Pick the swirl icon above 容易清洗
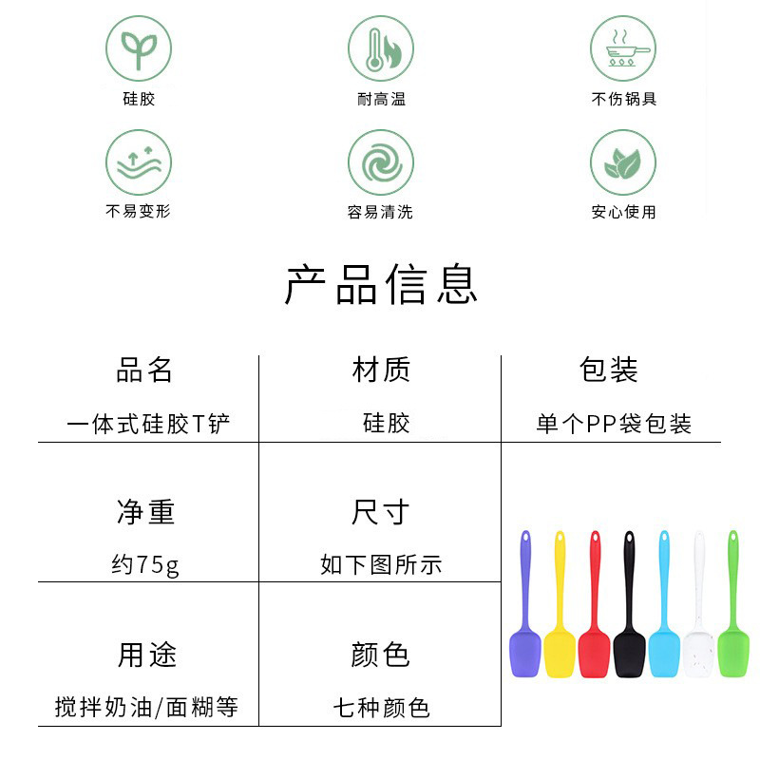pyautogui.click(x=380, y=162)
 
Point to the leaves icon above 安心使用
pyautogui.click(x=623, y=162)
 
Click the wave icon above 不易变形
pyautogui.click(x=139, y=162)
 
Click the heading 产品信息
pyautogui.click(x=380, y=284)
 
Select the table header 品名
pyautogui.click(x=144, y=370)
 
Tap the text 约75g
pyautogui.click(x=144, y=565)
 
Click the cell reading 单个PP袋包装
pyautogui.click(x=614, y=424)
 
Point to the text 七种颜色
pyautogui.click(x=381, y=708)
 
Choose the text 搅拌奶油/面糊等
pyautogui.click(x=146, y=708)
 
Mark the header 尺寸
pyautogui.click(x=380, y=513)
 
